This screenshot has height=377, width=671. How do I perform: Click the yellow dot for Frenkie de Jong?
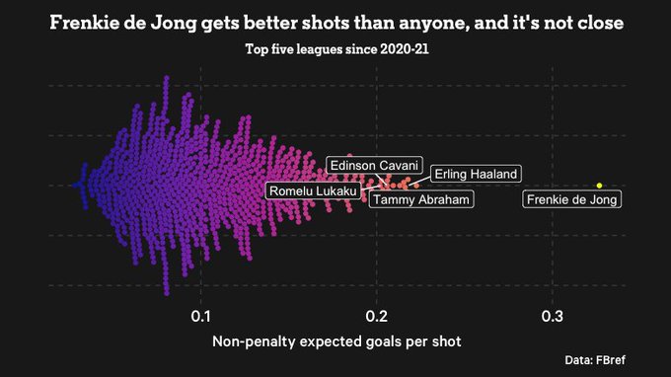click(599, 185)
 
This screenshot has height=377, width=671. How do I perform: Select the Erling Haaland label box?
click(476, 174)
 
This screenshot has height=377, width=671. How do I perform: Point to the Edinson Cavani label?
click(374, 165)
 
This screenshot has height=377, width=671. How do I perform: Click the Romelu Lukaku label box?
click(313, 189)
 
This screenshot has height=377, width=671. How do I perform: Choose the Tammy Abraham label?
click(421, 199)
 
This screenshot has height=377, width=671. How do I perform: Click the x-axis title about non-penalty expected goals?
click(336, 341)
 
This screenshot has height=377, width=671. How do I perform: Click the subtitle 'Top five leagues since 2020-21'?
click(336, 50)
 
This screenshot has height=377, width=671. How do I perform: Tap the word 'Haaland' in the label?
click(493, 174)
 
